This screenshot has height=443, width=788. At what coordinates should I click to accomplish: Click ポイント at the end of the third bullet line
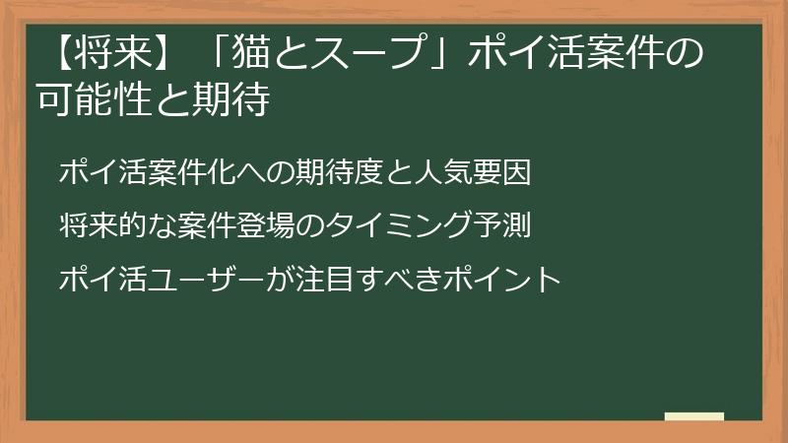point(492,279)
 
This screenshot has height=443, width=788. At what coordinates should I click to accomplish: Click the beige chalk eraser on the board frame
point(693,416)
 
